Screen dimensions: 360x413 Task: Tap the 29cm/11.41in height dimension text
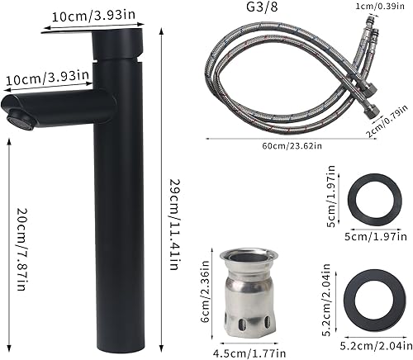[x=173, y=217]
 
